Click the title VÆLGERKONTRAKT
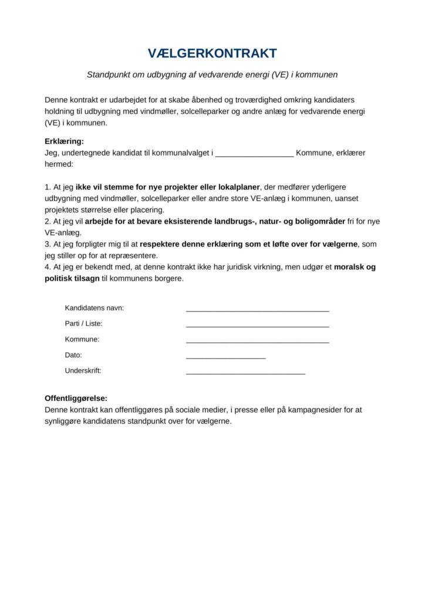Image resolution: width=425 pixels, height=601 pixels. tap(212, 54)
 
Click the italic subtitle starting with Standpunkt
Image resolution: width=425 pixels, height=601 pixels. tap(212, 75)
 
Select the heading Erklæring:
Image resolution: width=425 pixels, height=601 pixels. tap(65, 141)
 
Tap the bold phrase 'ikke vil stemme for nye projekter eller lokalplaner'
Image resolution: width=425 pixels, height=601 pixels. tap(168, 188)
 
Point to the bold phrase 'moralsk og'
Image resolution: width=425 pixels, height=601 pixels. tap(355, 267)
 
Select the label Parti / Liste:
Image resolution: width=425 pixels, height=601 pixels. tap(87, 323)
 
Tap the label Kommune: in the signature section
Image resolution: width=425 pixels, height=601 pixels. tap(82, 339)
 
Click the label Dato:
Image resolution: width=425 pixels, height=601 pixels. tap(73, 355)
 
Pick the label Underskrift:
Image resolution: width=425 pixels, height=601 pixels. tap(83, 370)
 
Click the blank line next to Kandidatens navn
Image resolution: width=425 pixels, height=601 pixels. tap(257, 309)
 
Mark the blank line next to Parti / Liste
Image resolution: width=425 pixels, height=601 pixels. tap(257, 325)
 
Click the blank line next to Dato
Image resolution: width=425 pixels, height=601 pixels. tap(225, 357)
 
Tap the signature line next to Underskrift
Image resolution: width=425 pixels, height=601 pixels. tap(245, 372)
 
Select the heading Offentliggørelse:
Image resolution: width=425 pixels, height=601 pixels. tap(76, 398)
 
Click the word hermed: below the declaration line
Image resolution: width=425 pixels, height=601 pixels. tap(59, 165)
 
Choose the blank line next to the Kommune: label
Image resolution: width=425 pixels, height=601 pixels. tap(257, 341)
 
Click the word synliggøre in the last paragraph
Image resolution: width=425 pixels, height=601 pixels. tap(63, 421)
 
